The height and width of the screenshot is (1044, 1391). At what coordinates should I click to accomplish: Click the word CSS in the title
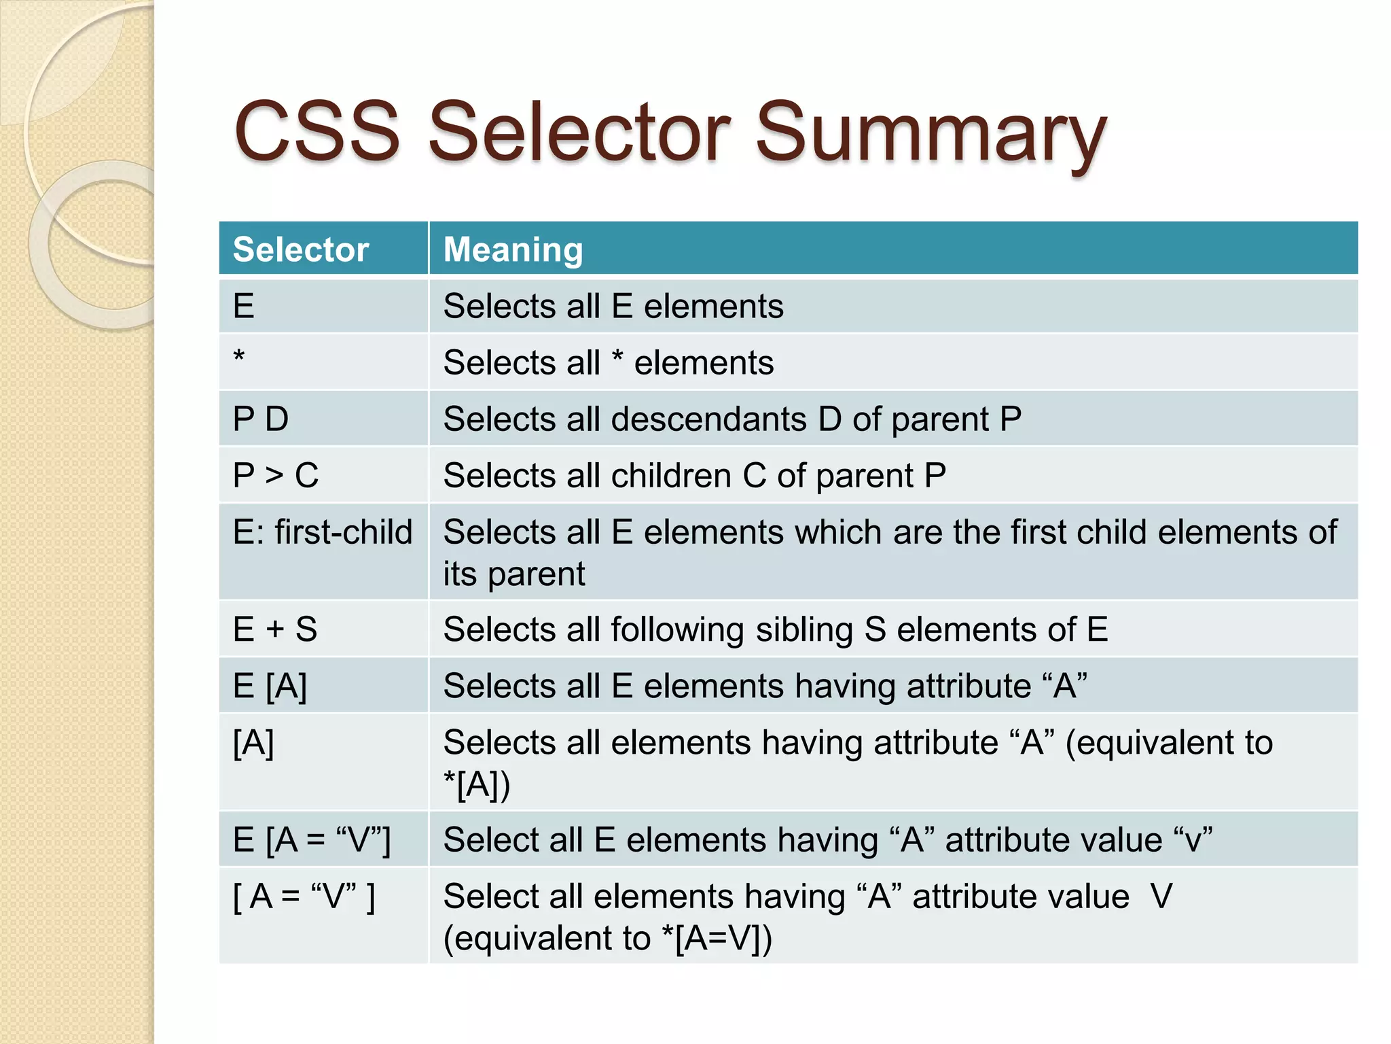(317, 132)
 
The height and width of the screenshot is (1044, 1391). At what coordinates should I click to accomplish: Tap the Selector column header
(300, 249)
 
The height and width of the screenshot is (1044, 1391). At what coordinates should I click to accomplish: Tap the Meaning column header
(513, 249)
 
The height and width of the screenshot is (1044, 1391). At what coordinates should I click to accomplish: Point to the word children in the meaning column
(670, 475)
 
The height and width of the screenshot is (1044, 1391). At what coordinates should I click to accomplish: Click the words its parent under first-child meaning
(513, 574)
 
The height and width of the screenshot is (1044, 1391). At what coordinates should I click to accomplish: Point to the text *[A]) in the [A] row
(476, 785)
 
